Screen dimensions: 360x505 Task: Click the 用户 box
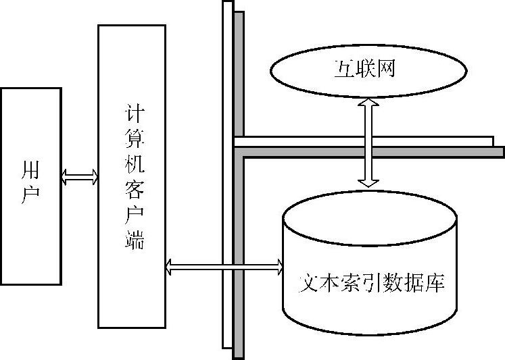[30, 186]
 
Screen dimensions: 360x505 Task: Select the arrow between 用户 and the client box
[80, 178]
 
